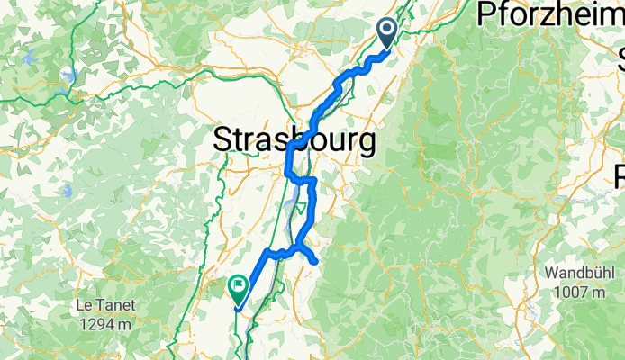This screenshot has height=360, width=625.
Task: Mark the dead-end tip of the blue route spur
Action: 316,261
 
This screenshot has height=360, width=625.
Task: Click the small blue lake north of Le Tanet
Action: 68,192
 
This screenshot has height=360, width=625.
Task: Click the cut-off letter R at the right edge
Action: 619,175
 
